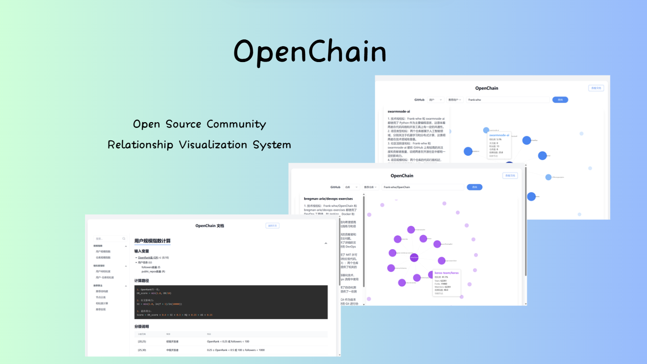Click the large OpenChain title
tap(310, 51)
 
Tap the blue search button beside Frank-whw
tap(560, 100)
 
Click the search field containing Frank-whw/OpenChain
tap(422, 187)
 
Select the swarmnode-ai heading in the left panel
tap(399, 112)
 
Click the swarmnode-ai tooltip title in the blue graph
tap(499, 135)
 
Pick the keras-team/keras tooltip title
tap(446, 273)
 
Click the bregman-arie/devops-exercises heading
tap(328, 199)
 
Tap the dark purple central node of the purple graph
tap(414, 258)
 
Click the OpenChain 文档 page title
tap(209, 226)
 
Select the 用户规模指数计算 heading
tap(152, 241)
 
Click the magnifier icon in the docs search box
tap(124, 238)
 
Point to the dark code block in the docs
tap(231, 302)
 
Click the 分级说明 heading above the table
tap(141, 326)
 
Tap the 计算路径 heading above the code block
tap(141, 280)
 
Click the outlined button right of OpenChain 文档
tap(272, 226)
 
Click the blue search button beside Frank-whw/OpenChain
tap(475, 187)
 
